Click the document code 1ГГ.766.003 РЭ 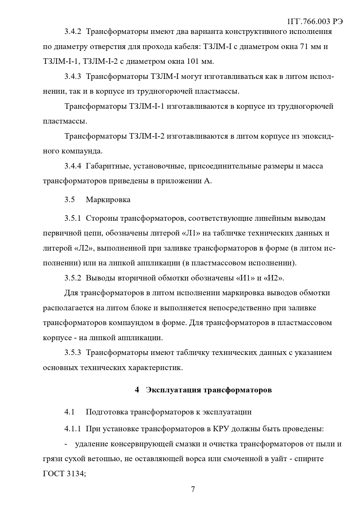(x=315, y=22)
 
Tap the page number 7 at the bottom (x=193, y=489)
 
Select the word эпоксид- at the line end (x=318, y=136)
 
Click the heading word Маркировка (x=108, y=200)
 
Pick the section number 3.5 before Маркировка (x=70, y=200)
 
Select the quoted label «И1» (x=243, y=278)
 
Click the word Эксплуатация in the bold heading (x=173, y=390)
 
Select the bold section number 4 (x=137, y=390)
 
